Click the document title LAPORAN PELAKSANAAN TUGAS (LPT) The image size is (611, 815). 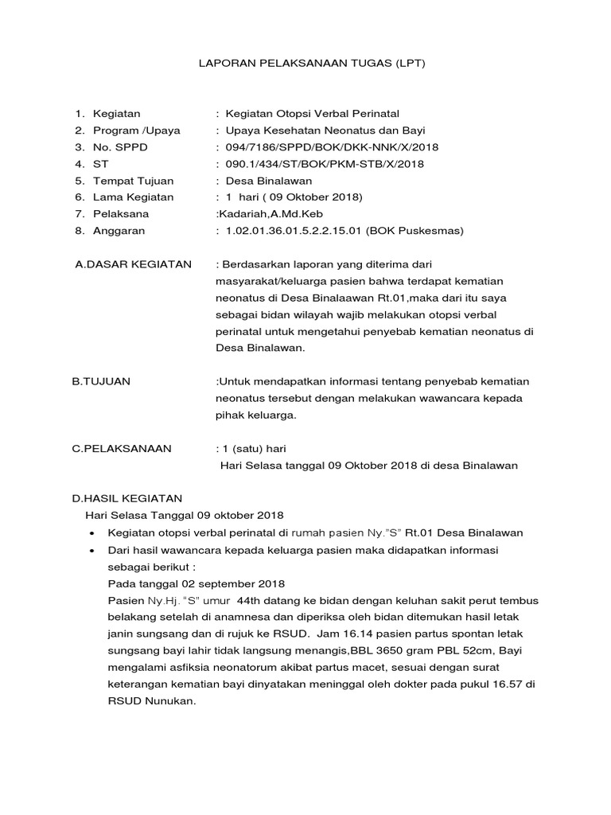coord(312,62)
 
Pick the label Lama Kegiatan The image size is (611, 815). coord(133,197)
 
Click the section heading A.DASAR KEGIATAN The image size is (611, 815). coord(133,264)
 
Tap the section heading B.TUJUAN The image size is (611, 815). coord(101,382)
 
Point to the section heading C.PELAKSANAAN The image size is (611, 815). coord(122,449)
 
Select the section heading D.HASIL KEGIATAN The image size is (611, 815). coord(127,499)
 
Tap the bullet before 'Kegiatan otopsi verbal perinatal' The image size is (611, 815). coord(95,532)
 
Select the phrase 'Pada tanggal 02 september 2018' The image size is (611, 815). coord(196,584)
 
